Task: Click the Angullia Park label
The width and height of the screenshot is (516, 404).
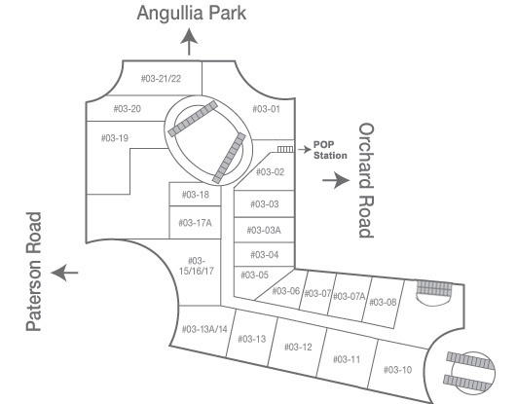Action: click(192, 14)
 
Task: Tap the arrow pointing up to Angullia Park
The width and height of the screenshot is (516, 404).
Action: click(189, 42)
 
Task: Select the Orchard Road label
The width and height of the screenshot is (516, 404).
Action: click(366, 180)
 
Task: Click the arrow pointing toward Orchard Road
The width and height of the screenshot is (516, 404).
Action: click(336, 180)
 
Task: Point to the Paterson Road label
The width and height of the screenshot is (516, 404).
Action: click(33, 272)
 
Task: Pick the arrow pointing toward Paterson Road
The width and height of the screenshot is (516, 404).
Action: click(64, 273)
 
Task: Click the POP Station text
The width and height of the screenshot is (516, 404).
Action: click(330, 150)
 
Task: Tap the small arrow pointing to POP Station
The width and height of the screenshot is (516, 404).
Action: click(305, 149)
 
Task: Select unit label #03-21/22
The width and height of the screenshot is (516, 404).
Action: click(161, 79)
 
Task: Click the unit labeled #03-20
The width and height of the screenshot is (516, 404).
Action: click(127, 109)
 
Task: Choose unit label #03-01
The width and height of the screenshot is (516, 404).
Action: click(266, 109)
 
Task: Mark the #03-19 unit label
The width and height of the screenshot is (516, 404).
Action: click(115, 138)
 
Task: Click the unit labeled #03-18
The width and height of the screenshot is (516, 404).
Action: click(196, 195)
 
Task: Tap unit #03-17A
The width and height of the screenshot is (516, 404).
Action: click(195, 223)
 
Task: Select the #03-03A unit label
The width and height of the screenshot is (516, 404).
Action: click(264, 230)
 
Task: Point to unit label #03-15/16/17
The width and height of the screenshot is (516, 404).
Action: click(196, 266)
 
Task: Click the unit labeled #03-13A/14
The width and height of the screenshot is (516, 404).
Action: click(204, 329)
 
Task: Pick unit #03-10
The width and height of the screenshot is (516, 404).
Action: click(397, 370)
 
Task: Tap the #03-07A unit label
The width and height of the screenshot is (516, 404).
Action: click(350, 296)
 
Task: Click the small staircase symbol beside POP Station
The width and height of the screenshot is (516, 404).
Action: click(285, 149)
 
